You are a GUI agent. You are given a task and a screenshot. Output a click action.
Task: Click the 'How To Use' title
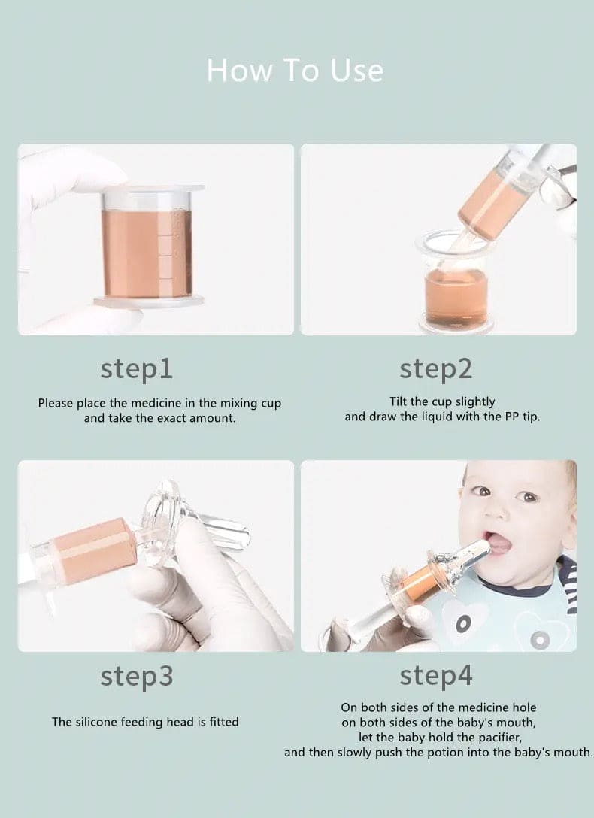pyautogui.click(x=295, y=71)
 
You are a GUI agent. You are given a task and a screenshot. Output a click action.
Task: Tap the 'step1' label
pyautogui.click(x=136, y=368)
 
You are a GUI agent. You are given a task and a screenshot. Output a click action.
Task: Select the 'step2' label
pyautogui.click(x=435, y=368)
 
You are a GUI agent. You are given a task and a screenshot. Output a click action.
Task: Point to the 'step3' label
pyautogui.click(x=136, y=676)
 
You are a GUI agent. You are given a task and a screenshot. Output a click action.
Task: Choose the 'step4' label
pyautogui.click(x=435, y=676)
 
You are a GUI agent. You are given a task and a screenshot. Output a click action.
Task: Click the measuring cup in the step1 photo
pyautogui.click(x=147, y=244)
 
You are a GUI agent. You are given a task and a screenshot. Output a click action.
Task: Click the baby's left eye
pyautogui.click(x=528, y=496)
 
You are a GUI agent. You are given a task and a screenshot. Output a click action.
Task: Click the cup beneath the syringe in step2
pyautogui.click(x=456, y=289)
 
